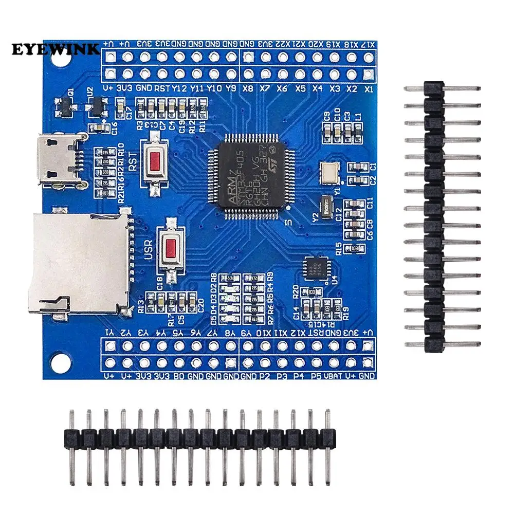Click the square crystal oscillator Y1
point(328,173)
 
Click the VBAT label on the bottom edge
point(333,376)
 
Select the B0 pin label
point(178,376)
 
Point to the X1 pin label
point(368,88)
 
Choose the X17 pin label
point(368,44)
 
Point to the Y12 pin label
point(179,88)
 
